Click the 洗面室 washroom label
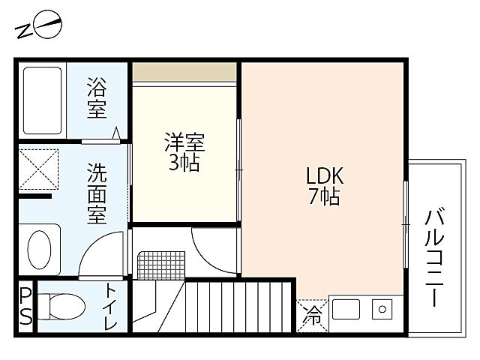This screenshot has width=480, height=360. coord(97,193)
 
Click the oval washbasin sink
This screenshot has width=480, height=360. coord(40,247)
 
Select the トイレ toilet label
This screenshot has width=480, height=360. coord(111,307)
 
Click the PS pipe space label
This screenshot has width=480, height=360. coord(25,305)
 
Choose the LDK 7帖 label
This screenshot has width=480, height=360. coord(323,185)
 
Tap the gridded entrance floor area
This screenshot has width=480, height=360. coord(160,259)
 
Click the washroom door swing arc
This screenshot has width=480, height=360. coord(97,251)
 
